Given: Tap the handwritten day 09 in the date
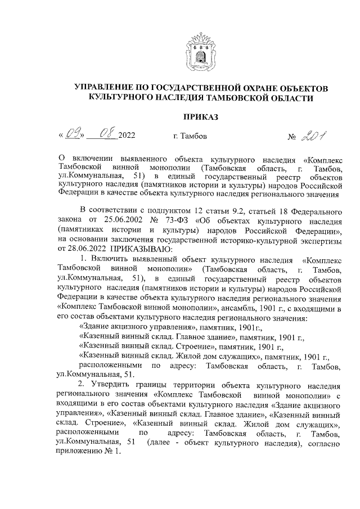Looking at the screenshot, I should pyautogui.click(x=74, y=134).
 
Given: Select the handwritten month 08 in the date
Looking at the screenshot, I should pyautogui.click(x=106, y=134).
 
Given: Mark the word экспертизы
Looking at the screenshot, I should pyautogui.click(x=320, y=239).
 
